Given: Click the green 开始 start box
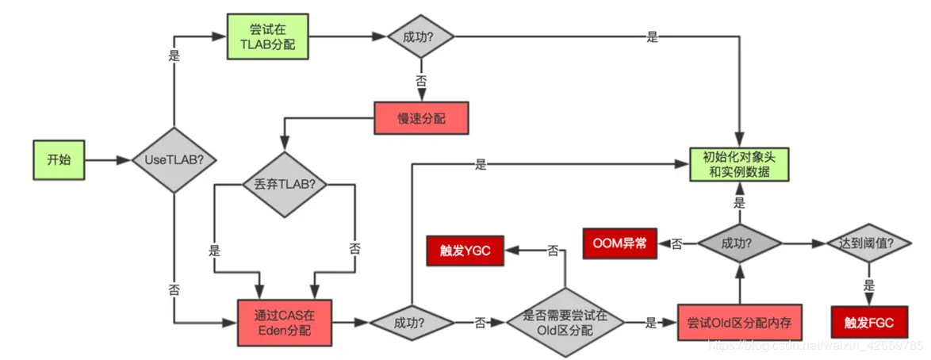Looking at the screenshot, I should (59, 159).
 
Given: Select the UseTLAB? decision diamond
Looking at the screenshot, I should (173, 160).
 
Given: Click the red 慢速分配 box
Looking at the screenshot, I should (421, 119).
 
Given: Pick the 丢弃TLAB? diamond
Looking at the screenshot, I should (285, 184).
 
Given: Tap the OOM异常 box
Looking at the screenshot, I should (620, 243).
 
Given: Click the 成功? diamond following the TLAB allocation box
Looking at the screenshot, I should (420, 37).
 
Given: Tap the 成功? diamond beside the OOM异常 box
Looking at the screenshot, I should (739, 243).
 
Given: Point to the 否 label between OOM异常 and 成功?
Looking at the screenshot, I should (676, 244).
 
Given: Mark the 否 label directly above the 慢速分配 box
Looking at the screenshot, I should (420, 80).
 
